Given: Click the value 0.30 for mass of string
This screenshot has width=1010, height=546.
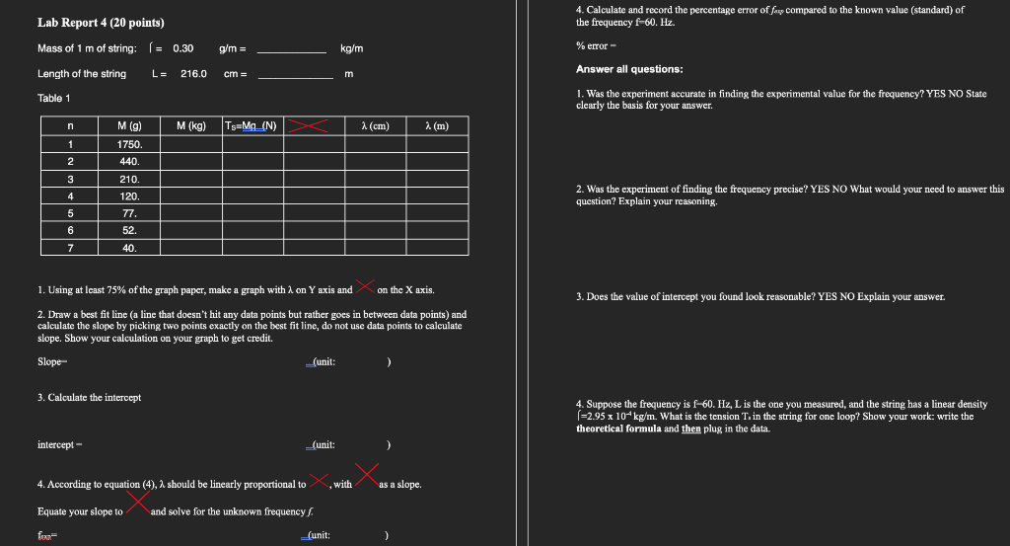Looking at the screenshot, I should [182, 47].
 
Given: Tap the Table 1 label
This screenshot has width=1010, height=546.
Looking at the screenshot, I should [54, 99].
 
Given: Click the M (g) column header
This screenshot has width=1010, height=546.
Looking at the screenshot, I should [129, 125].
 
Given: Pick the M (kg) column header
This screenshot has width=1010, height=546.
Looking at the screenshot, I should [190, 125].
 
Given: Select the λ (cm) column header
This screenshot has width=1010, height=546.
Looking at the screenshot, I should [376, 125].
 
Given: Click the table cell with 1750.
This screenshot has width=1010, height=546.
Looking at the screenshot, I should [129, 143].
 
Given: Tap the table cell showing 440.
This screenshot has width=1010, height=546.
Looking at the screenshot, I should [129, 161].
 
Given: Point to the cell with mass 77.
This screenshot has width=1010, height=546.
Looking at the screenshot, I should [129, 212].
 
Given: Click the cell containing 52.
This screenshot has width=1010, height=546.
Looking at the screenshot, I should [129, 230].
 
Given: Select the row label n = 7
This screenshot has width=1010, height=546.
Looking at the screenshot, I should [70, 247].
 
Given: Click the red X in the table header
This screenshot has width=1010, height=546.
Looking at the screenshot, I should [311, 125].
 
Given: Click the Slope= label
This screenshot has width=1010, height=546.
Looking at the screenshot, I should [51, 361].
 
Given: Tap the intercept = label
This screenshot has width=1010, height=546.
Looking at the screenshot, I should [58, 445].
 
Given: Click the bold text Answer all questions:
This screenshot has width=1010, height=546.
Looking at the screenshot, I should [629, 69].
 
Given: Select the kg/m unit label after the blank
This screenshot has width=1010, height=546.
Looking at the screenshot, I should [351, 47].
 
